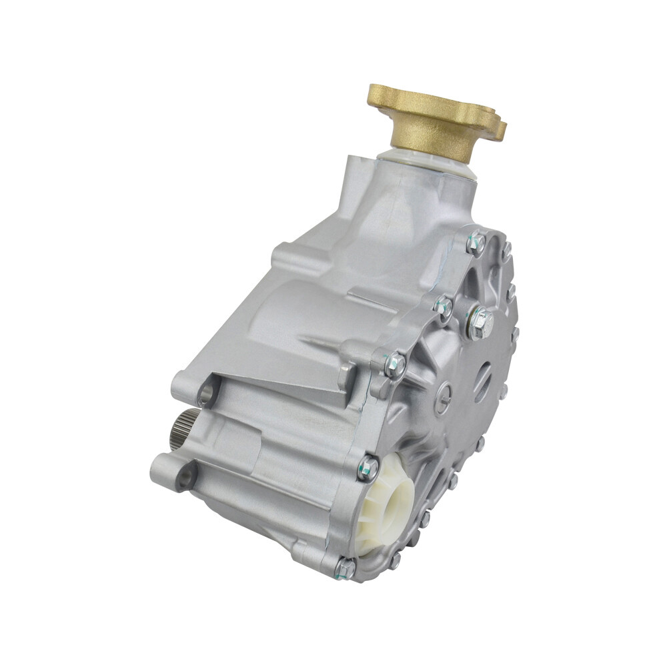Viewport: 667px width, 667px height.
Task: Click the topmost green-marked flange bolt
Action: tap(478, 241)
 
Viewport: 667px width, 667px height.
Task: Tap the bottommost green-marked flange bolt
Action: tap(345, 567)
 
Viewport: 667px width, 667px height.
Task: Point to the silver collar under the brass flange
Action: tap(427, 163)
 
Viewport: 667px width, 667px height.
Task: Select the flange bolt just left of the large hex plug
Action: tap(443, 305)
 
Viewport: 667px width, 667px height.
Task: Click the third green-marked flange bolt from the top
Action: tap(395, 364)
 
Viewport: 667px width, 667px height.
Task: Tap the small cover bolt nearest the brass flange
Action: tap(507, 251)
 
